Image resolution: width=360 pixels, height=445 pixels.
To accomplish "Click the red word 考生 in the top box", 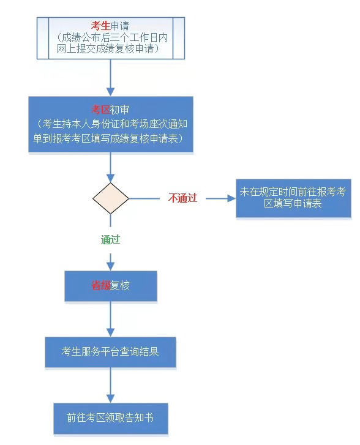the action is [x=100, y=26].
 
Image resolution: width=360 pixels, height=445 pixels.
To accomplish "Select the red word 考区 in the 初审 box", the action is [x=100, y=110].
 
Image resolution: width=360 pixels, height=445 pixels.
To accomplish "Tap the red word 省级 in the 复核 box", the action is [x=100, y=285].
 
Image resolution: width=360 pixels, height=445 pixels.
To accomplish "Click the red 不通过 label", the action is [x=182, y=198].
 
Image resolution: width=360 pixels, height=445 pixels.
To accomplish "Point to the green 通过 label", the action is [x=110, y=239].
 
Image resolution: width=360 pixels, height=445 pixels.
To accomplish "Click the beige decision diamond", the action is [x=111, y=198].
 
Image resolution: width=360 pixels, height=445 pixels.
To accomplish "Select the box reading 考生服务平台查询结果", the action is [x=110, y=352].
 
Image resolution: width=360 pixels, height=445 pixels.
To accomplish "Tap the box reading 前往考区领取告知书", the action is [x=111, y=418].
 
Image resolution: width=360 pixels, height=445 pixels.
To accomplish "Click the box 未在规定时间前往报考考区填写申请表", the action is [x=293, y=198].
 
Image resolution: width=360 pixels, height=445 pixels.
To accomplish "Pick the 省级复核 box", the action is [x=111, y=286].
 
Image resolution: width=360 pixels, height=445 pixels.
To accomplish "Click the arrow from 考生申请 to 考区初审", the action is [x=110, y=78].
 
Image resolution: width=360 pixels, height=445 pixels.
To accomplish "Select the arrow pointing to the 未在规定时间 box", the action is [x=220, y=198].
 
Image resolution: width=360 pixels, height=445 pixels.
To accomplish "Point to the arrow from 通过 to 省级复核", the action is [x=110, y=261].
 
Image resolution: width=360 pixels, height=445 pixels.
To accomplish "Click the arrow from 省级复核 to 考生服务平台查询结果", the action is [x=110, y=320].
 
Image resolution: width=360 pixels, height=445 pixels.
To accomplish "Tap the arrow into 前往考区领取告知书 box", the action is [x=110, y=385].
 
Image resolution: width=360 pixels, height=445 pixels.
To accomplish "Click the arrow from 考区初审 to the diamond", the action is [x=110, y=167].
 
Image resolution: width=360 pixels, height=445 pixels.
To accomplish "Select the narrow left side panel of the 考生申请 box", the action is [x=43, y=38].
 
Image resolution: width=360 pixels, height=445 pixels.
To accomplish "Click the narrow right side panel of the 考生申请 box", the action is [x=179, y=38].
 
